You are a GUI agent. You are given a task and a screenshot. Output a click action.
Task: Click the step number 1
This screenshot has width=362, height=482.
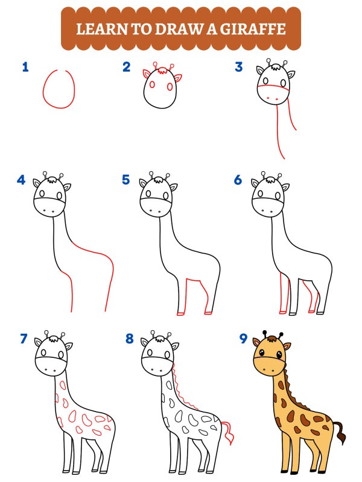pyautogui.click(x=25, y=67)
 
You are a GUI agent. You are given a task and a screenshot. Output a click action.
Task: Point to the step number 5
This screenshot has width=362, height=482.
pyautogui.click(x=126, y=180)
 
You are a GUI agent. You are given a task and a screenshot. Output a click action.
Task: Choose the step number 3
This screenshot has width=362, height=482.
pyautogui.click(x=238, y=67)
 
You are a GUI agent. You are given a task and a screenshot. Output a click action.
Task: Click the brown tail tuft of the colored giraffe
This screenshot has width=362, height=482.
pyautogui.click(x=340, y=431)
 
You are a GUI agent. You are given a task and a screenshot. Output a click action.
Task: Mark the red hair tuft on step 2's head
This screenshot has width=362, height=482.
pyautogui.click(x=160, y=70)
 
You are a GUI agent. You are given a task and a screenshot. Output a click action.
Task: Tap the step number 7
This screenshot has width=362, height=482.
pyautogui.click(x=24, y=339)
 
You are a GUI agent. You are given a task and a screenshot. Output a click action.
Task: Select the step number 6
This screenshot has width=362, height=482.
pyautogui.click(x=238, y=180)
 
